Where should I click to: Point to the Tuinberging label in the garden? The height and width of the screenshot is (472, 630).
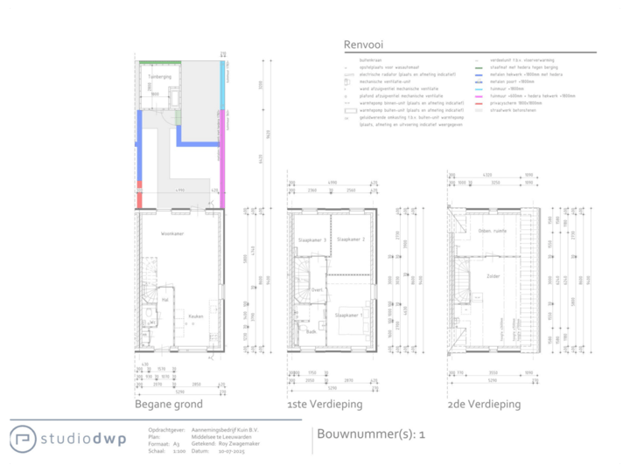coord(157,77)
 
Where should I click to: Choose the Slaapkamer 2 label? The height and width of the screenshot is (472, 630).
coord(350,239)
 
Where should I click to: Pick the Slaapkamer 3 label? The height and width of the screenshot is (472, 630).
coord(312,239)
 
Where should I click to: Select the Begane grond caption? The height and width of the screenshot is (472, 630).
coord(168,405)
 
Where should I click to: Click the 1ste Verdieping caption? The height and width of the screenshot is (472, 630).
coord(324,405)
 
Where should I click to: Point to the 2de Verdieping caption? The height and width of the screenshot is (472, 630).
coord(484,405)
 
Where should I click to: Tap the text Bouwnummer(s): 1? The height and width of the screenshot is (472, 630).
coord(371,434)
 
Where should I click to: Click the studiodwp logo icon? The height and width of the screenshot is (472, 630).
coord(24,439)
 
